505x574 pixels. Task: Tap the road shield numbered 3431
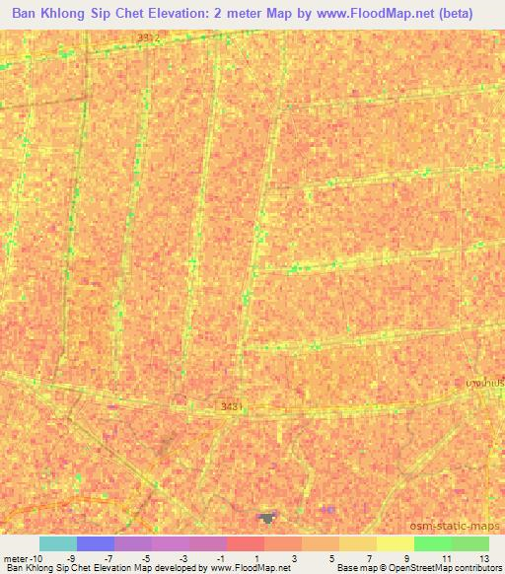pyautogui.click(x=229, y=405)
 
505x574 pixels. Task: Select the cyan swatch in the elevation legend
pyautogui.click(x=58, y=543)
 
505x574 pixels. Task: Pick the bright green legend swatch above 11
pyautogui.click(x=432, y=543)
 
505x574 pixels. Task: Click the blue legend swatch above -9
pyautogui.click(x=96, y=543)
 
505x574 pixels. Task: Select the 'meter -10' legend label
pyautogui.click(x=22, y=557)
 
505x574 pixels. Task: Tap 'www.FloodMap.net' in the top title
pyautogui.click(x=381, y=14)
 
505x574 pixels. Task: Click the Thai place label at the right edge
pyautogui.click(x=485, y=382)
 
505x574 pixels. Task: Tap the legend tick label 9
pyautogui.click(x=407, y=557)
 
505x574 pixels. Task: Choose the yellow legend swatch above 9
pyautogui.click(x=395, y=543)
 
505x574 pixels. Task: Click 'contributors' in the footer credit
pyautogui.click(x=476, y=568)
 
